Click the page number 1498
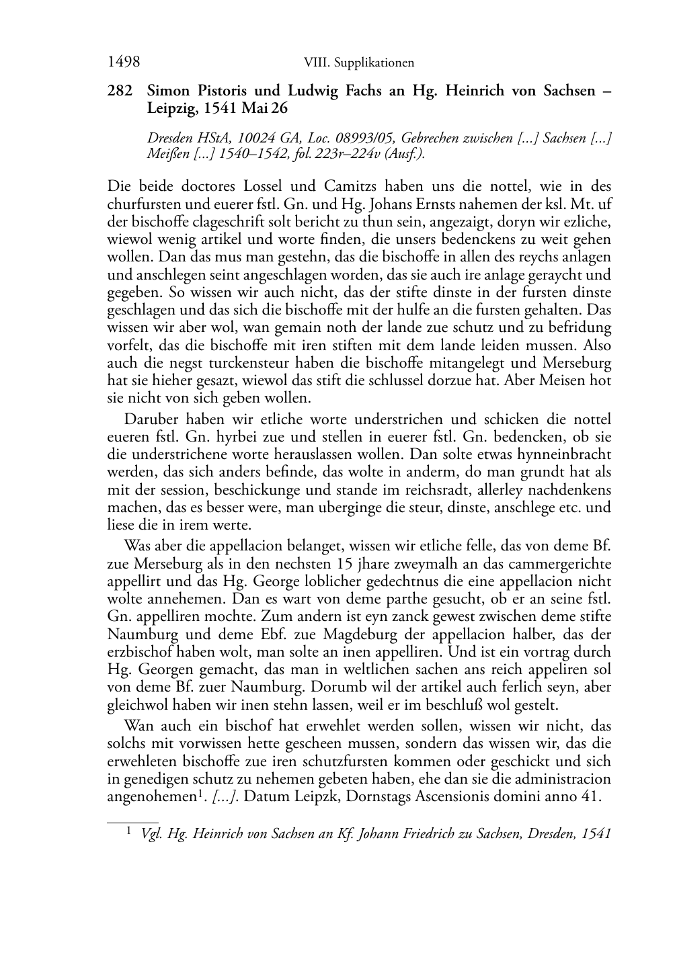tap(124, 62)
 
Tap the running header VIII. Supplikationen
tap(358, 63)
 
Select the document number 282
tap(120, 91)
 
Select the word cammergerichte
tap(561, 563)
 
